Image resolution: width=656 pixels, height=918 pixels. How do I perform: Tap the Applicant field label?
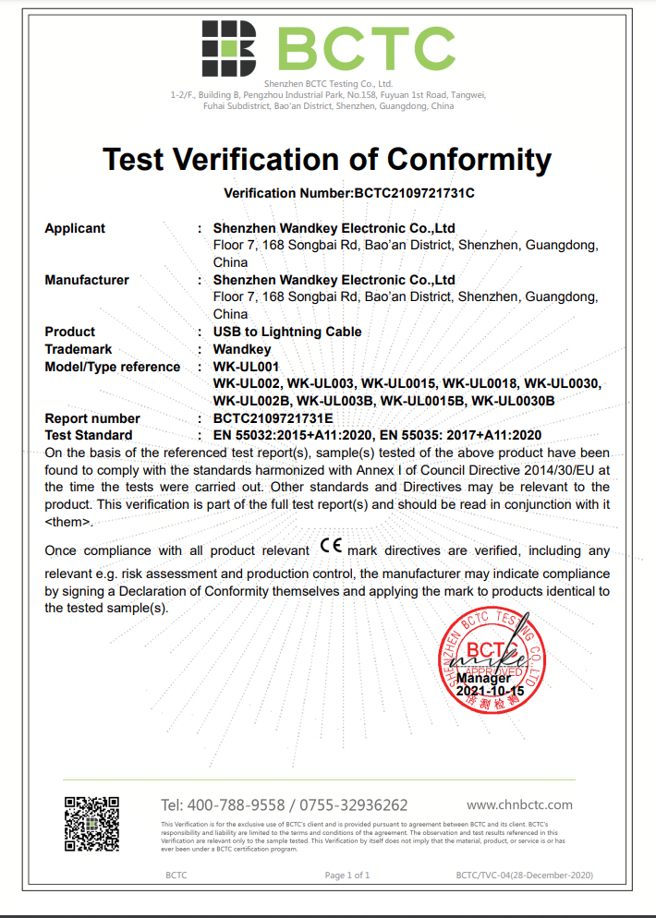pyautogui.click(x=75, y=228)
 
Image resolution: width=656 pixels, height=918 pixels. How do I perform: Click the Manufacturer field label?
pyautogui.click(x=87, y=280)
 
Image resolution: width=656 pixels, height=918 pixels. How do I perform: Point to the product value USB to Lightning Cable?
pyautogui.click(x=287, y=332)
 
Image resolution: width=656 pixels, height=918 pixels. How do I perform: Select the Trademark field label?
pyautogui.click(x=79, y=349)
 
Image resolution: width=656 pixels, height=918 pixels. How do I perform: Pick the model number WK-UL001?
pyautogui.click(x=246, y=367)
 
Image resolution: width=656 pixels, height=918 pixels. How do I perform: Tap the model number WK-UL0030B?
pyautogui.click(x=513, y=401)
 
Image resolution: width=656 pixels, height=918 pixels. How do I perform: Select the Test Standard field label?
pyautogui.click(x=89, y=435)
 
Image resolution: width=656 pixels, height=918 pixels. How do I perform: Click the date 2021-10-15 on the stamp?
pyautogui.click(x=491, y=691)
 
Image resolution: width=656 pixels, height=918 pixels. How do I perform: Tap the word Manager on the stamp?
pyautogui.click(x=483, y=678)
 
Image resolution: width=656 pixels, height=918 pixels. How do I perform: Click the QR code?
pyautogui.click(x=91, y=824)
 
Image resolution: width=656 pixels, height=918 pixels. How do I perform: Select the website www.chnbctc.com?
pyautogui.click(x=519, y=804)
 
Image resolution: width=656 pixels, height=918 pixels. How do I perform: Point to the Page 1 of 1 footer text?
pyautogui.click(x=347, y=875)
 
